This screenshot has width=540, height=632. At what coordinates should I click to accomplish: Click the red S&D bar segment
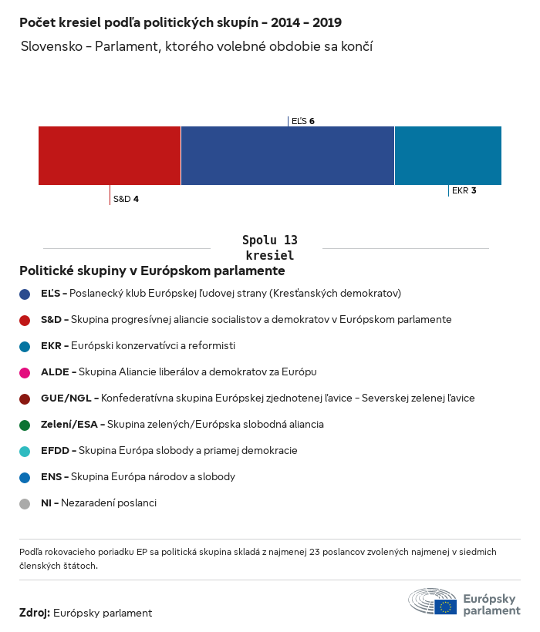(110, 156)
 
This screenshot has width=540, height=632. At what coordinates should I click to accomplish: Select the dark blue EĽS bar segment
(287, 156)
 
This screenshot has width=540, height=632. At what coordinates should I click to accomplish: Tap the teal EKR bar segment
(447, 156)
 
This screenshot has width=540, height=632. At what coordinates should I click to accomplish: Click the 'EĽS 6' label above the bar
(302, 121)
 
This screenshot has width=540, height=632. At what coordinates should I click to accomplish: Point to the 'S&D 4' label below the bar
(126, 199)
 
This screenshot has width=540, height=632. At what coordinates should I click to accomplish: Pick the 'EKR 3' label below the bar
(464, 190)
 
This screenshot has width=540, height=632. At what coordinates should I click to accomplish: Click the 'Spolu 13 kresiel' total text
(269, 247)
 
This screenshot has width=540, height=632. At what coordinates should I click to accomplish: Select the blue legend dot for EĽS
(25, 294)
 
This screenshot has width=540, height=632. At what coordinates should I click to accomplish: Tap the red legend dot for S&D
(25, 320)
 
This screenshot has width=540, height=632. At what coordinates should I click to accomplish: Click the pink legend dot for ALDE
(25, 372)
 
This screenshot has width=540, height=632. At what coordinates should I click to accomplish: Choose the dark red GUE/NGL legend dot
(25, 398)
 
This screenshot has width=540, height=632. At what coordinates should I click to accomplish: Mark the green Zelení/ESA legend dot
(25, 425)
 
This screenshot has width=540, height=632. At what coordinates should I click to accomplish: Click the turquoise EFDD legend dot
(25, 451)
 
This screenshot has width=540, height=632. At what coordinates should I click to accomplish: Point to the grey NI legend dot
(25, 503)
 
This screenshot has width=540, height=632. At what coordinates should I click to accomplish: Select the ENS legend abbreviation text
(51, 477)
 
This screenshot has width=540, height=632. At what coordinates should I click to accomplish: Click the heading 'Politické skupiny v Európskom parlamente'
(152, 271)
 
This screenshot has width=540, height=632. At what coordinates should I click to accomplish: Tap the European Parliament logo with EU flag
(464, 602)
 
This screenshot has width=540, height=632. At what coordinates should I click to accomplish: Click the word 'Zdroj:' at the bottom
(35, 613)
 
